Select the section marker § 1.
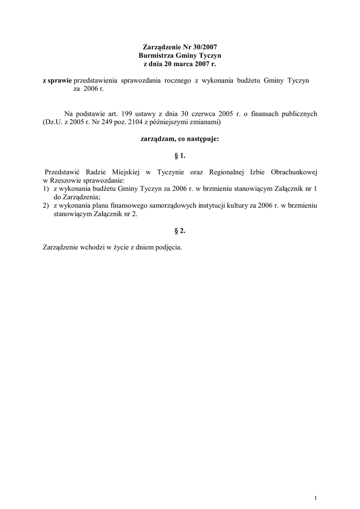tap(180, 156)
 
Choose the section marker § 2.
tap(180, 231)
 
